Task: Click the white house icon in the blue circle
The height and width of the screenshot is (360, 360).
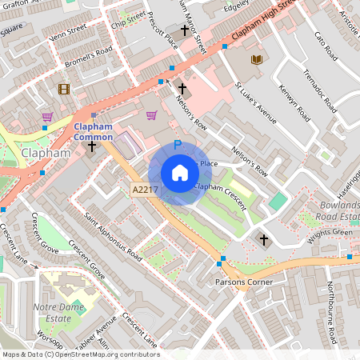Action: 179,173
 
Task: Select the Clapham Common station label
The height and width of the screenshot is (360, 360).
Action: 94,132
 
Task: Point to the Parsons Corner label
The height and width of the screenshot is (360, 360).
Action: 244,282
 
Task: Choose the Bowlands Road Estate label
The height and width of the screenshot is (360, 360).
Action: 336,210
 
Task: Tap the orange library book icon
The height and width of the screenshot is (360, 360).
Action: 257,60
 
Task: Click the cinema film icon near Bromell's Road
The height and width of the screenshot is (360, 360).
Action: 63,89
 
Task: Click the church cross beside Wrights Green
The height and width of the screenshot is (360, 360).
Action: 264,239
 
